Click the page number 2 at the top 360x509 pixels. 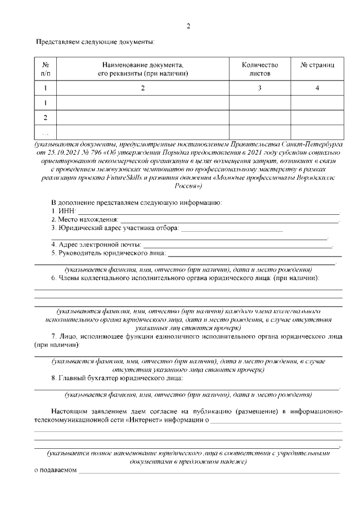188,26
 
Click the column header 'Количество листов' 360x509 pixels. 259,69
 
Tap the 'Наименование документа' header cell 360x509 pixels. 142,69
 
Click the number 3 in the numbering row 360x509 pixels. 259,88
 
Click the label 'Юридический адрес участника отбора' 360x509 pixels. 115,228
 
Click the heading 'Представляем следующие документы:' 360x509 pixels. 95,42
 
